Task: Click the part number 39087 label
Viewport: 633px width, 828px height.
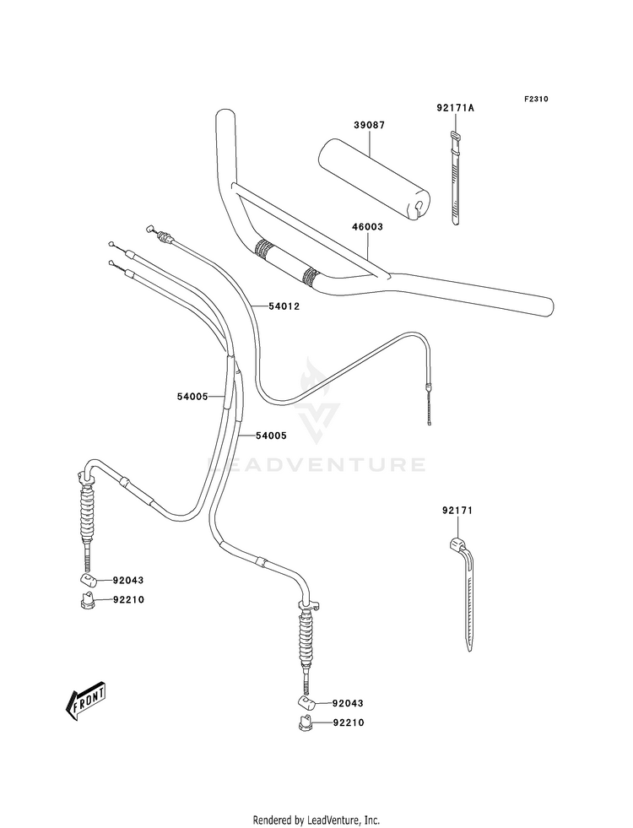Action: point(369,125)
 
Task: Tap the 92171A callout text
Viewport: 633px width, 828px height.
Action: point(455,108)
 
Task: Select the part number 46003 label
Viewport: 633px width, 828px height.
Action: point(367,226)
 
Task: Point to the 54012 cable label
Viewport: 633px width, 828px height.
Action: point(284,306)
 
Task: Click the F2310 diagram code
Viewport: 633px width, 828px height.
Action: point(536,99)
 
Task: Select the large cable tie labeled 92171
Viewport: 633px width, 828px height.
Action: point(463,594)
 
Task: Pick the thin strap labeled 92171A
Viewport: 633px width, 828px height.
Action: point(455,178)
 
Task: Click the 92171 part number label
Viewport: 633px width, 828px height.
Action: point(457,511)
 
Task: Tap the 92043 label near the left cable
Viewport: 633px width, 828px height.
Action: point(127,581)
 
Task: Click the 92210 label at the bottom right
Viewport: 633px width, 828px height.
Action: point(349,722)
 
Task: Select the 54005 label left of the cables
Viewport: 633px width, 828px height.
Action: point(192,396)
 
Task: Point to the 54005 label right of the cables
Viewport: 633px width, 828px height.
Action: point(271,436)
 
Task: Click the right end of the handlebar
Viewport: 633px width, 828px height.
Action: point(548,306)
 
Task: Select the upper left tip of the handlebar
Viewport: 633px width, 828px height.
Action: point(224,113)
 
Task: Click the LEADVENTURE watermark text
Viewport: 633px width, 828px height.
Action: point(316,465)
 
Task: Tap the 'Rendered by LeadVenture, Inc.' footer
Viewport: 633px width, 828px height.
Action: point(316,820)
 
